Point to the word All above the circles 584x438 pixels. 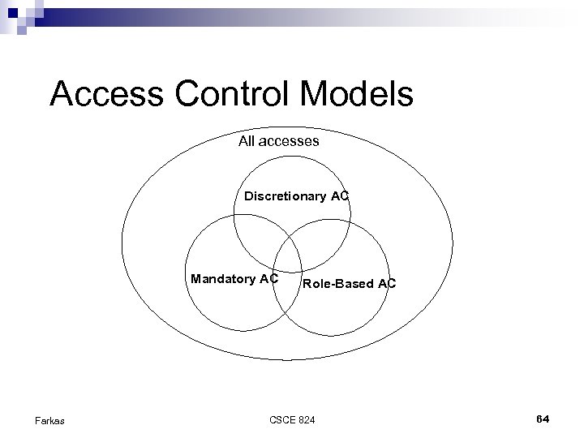point(247,141)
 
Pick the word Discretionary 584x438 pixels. point(286,195)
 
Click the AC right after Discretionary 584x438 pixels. point(340,195)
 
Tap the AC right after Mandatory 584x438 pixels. point(269,279)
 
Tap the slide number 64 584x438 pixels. point(543,418)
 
